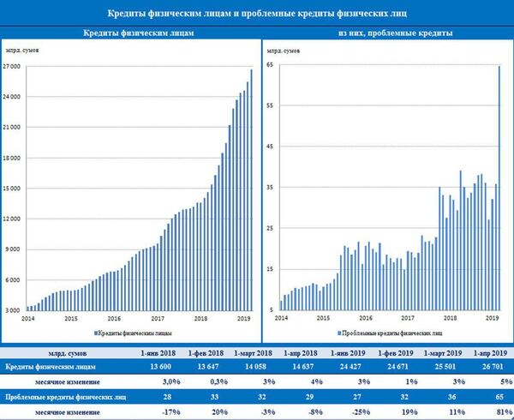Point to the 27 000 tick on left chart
coord(12,65)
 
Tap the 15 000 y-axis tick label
coord(12,188)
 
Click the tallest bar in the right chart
coord(499,189)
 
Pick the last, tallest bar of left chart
coord(251,189)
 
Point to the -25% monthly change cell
coord(347,412)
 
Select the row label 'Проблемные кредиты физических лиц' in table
coord(62,398)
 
